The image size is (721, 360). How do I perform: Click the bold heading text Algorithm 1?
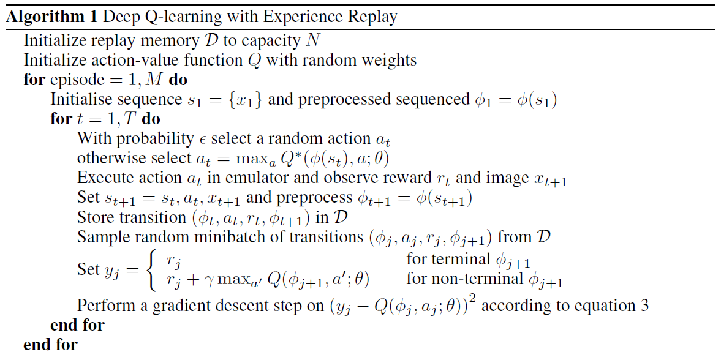[53, 17]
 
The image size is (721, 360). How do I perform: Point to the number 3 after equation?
[644, 306]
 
